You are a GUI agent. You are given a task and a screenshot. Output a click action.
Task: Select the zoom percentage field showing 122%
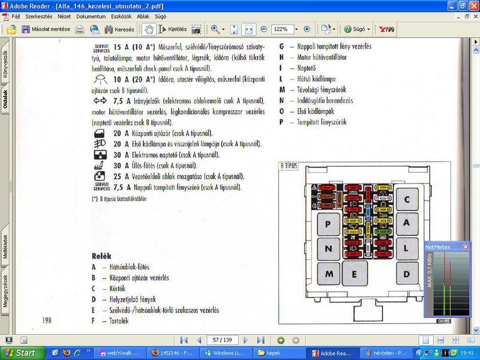pos(282,29)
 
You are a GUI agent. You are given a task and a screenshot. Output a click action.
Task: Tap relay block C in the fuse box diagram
pos(407,200)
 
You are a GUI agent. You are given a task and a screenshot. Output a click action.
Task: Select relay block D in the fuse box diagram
pos(407,273)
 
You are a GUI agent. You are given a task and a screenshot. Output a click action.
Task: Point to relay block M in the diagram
pos(328,274)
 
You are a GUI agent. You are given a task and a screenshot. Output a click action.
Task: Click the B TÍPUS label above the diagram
pos(289,165)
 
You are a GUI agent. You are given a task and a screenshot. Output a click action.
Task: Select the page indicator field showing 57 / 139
pos(223,340)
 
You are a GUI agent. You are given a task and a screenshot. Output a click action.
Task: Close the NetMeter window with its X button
pos(465,247)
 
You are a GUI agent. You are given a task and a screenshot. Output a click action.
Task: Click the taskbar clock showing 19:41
pos(468,353)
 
